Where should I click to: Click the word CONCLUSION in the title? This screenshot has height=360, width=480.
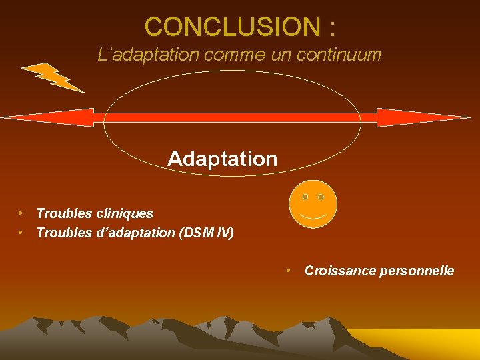[x=232, y=27]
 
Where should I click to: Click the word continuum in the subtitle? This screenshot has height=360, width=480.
[x=339, y=55]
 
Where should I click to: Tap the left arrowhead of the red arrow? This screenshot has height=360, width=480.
[x=47, y=118]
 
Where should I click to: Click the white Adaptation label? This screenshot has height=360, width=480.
[x=222, y=159]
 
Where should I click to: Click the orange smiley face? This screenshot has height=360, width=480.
[x=313, y=203]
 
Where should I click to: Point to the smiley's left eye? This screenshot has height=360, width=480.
[x=305, y=197]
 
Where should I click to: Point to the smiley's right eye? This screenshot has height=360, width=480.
[x=321, y=197]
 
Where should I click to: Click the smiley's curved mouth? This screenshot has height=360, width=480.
[x=313, y=217]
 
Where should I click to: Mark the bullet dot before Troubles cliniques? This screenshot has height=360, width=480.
[x=21, y=213]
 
